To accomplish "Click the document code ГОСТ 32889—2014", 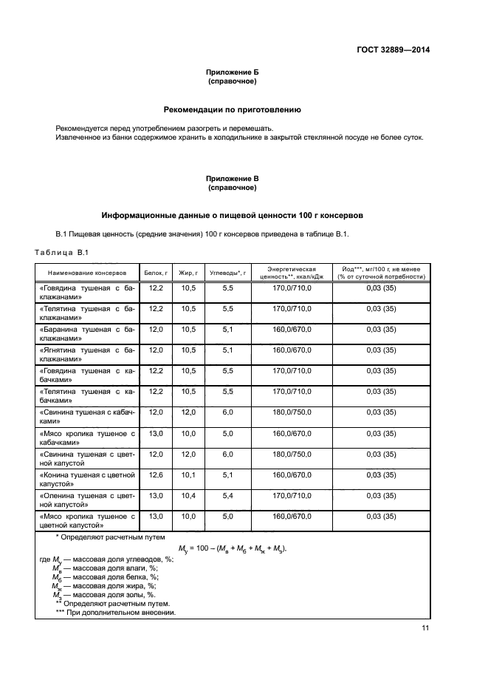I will [390, 50].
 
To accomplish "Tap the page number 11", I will [425, 628].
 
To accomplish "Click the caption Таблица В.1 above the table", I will [61, 253].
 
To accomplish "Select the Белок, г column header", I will [156, 273].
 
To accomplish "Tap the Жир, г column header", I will [188, 273].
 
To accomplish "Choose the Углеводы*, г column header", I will [227, 273].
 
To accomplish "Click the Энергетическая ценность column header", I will [292, 273].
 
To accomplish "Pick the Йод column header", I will [381, 273].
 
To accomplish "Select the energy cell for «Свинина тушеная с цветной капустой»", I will [292, 453].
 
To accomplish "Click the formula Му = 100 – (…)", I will [232, 548].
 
